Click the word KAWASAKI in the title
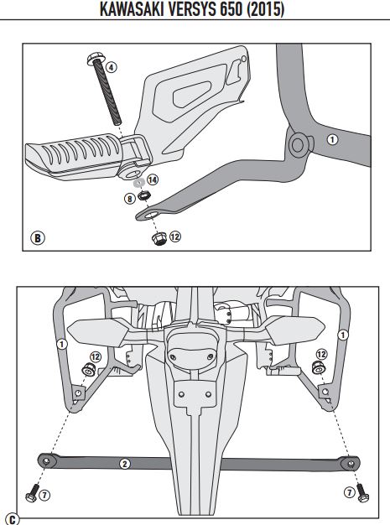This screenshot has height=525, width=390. (x=132, y=9)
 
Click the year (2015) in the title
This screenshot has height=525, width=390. (x=266, y=9)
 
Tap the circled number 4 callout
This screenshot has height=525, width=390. (x=112, y=67)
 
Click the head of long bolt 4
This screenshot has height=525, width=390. (x=94, y=59)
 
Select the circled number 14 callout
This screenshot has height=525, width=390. (x=153, y=179)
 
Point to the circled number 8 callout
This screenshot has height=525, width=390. (x=130, y=199)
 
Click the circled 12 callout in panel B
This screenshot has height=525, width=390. (x=175, y=237)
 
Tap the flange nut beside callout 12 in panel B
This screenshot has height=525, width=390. (x=159, y=239)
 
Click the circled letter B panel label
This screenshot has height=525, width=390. (x=38, y=238)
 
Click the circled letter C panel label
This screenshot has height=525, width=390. (x=13, y=520)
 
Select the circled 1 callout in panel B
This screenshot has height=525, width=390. (x=332, y=139)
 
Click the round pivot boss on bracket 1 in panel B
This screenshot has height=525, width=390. (x=298, y=144)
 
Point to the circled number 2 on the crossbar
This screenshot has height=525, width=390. (x=125, y=464)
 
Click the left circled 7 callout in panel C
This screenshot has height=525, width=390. (x=44, y=495)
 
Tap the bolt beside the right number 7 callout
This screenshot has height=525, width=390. (x=362, y=493)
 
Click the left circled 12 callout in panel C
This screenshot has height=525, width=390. (x=96, y=357)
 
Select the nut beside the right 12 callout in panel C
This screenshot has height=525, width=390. (x=318, y=367)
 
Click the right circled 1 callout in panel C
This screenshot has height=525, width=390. (x=343, y=335)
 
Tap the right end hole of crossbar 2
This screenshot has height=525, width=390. (x=351, y=464)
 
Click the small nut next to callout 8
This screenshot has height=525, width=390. (x=144, y=195)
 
